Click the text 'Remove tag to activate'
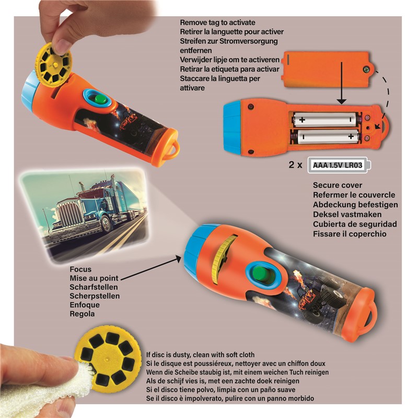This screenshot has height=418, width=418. pos(217,22)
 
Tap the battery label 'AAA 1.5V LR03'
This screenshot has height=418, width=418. pos(338,165)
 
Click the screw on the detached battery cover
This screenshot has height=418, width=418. pos(367,70)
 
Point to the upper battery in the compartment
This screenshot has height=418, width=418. pos(325,120)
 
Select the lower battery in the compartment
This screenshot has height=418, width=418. pos(328,137)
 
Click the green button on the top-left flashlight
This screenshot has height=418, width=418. pos(99,99)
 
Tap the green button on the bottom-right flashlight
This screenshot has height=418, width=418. pos(262,274)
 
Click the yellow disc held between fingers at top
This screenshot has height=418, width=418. pos(54,64)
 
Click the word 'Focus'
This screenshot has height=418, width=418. pos(80,269)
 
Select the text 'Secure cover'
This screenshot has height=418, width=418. pos(338,185)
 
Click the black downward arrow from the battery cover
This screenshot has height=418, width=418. pos(342,83)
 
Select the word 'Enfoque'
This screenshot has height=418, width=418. pos(85,305)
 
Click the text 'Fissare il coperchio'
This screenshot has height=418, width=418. pos(350,234)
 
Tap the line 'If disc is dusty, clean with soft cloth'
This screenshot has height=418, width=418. pos(200,355)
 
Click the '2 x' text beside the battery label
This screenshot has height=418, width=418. pos(295,165)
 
